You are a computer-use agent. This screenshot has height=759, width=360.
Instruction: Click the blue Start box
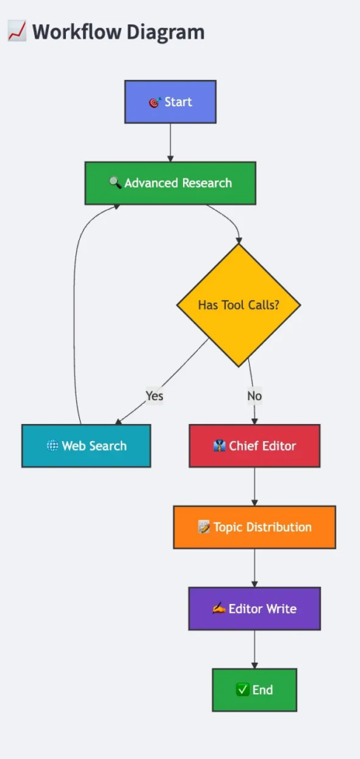[170, 102]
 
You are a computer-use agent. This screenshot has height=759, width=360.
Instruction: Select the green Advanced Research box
[170, 183]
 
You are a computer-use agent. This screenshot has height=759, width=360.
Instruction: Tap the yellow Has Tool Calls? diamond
[239, 305]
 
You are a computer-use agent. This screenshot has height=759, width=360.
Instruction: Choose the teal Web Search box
[86, 445]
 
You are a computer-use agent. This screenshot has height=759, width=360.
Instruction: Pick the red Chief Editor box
[255, 445]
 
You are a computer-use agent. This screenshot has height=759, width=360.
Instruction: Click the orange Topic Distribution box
[255, 527]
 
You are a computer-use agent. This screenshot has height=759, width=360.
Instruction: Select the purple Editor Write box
[255, 609]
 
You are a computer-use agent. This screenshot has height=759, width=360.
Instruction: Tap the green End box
[255, 690]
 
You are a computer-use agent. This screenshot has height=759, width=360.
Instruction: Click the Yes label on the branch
[155, 396]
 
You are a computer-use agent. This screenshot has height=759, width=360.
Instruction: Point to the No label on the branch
[255, 396]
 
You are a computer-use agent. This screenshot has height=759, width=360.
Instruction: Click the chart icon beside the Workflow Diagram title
[17, 32]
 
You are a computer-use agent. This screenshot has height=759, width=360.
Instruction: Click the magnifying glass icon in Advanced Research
[115, 183]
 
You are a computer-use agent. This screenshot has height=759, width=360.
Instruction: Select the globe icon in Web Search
[53, 445]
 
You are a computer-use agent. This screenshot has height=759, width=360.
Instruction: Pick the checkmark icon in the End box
[242, 690]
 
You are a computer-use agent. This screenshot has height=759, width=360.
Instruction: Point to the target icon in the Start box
[155, 102]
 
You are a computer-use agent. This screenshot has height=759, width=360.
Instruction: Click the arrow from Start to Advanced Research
[170, 142]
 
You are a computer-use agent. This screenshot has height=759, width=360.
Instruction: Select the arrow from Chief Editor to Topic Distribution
[255, 486]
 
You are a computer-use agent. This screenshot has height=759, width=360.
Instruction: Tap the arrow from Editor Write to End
[255, 649]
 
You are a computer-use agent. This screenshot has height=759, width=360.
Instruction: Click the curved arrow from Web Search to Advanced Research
[74, 310]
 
